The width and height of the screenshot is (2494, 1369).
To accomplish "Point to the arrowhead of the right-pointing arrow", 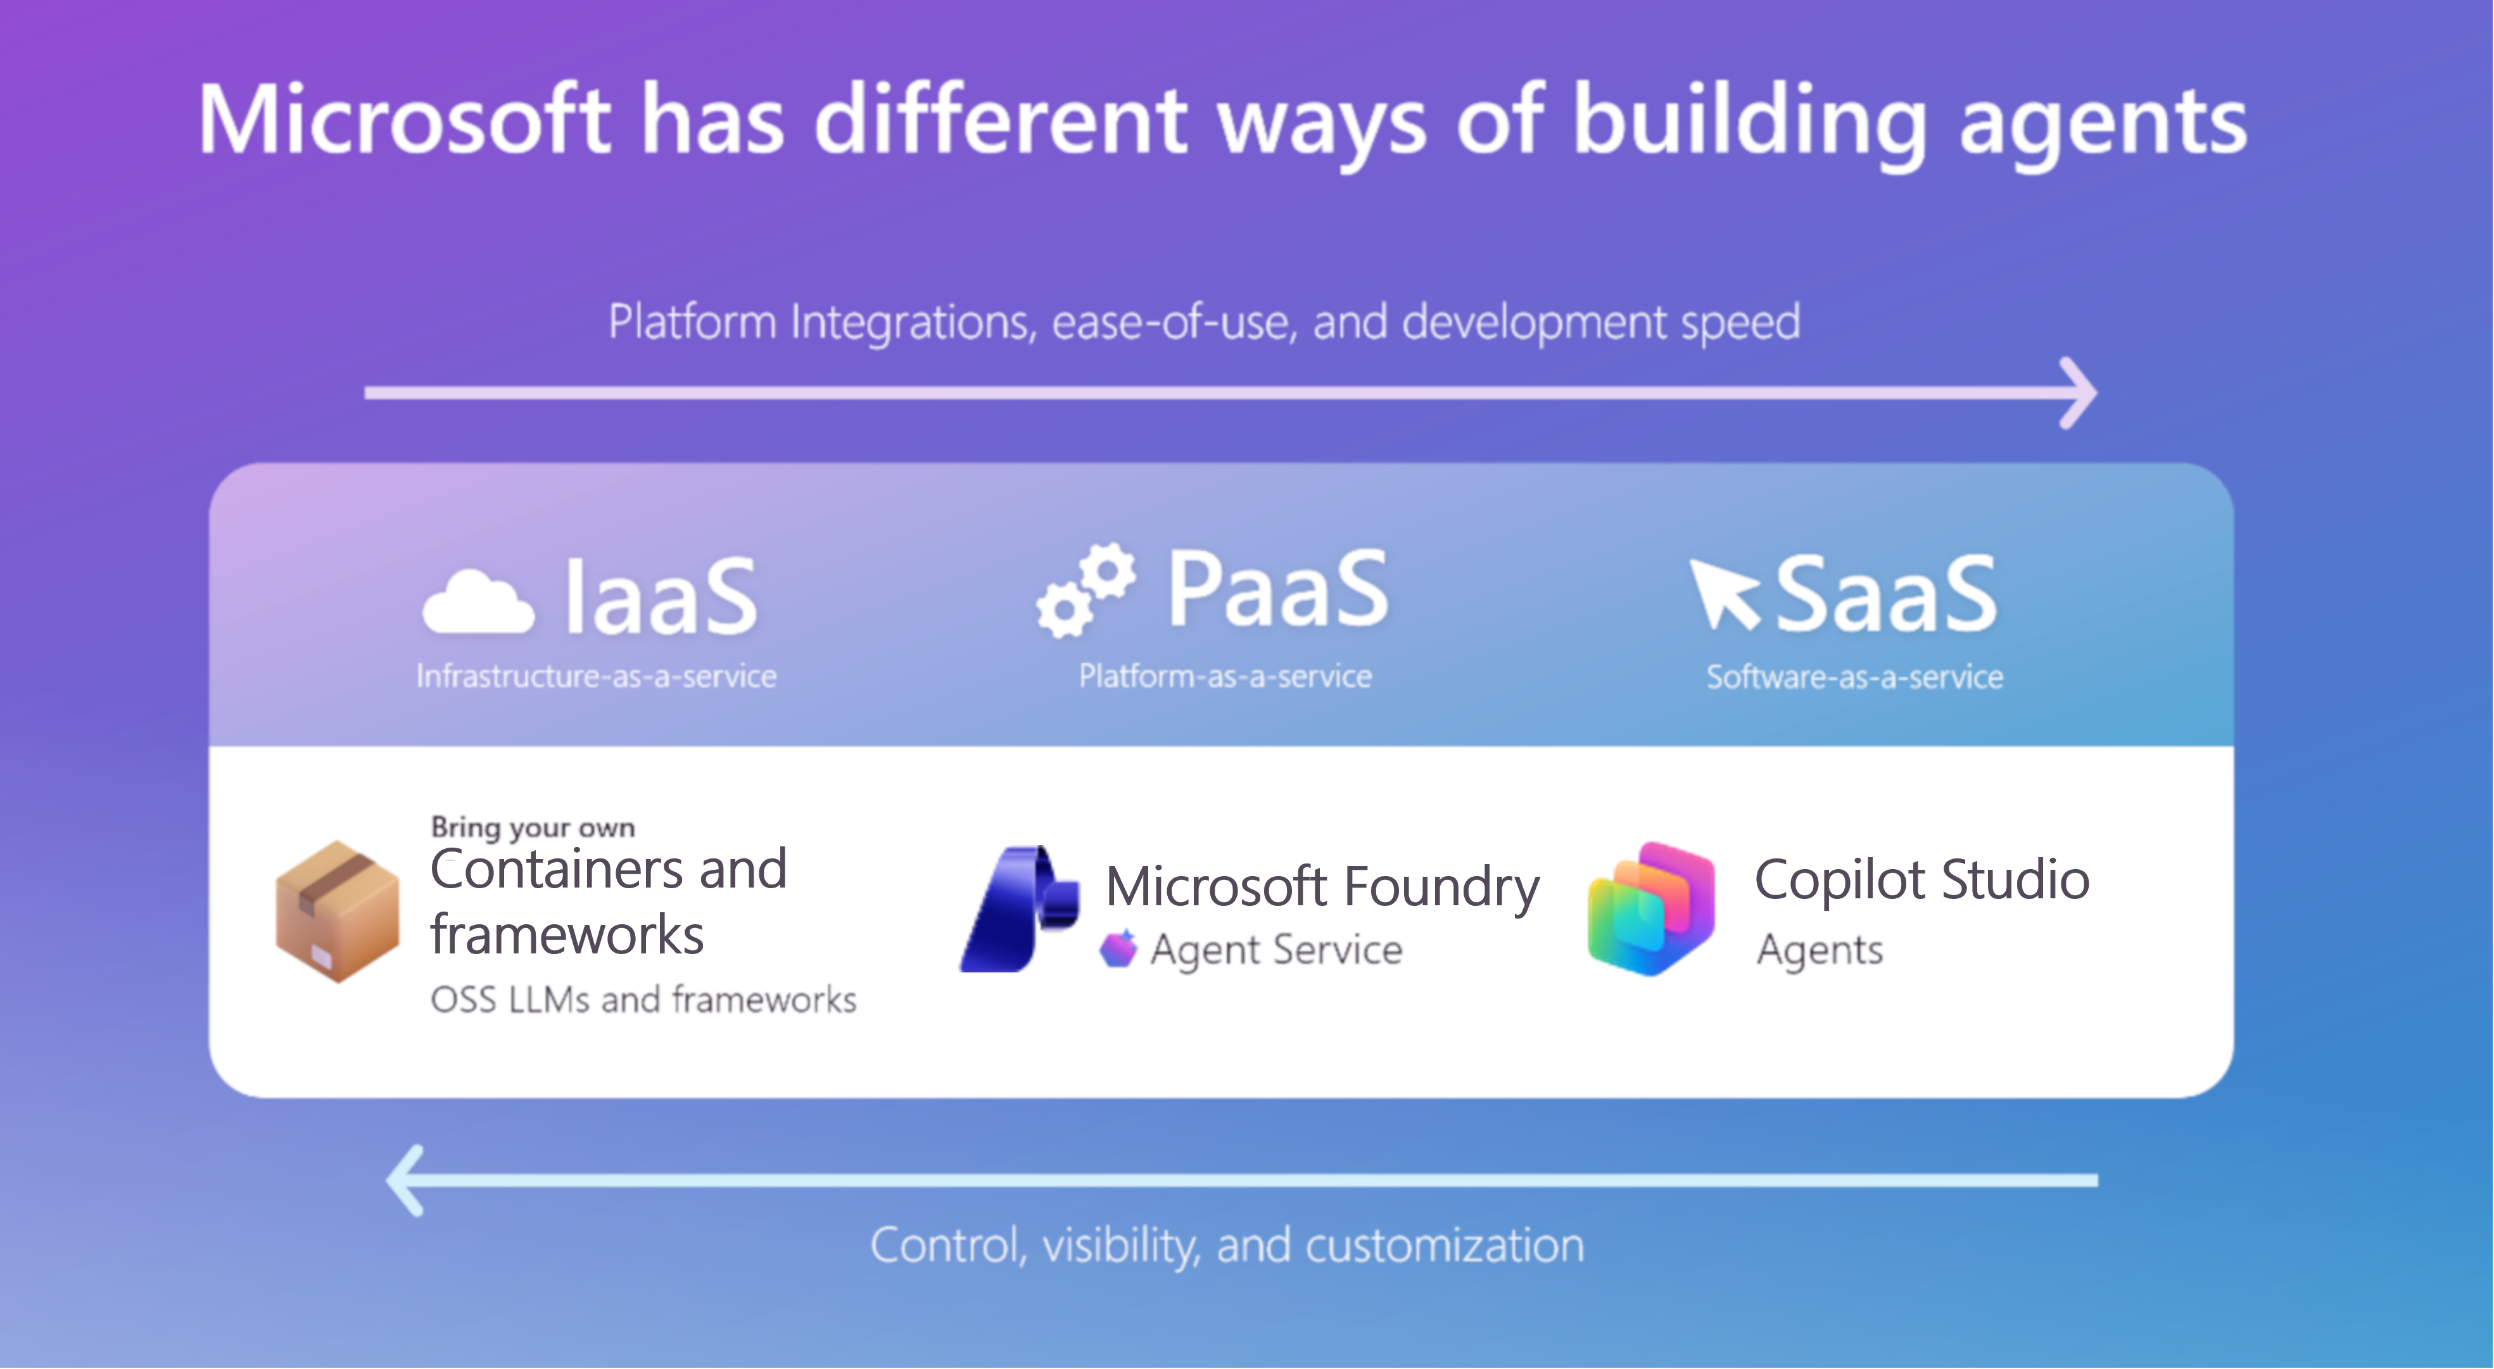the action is [x=2078, y=393].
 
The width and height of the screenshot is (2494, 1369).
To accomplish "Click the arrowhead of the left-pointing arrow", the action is [x=405, y=1180].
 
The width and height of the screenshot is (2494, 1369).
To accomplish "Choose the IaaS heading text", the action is [x=661, y=595].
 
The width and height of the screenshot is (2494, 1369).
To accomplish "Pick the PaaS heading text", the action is [x=1278, y=588].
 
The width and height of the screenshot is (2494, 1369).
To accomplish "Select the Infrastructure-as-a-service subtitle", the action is [x=597, y=676].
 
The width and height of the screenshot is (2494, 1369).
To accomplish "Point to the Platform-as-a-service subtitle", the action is [x=1225, y=676].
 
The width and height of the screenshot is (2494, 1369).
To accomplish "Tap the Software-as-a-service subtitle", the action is [x=1855, y=677].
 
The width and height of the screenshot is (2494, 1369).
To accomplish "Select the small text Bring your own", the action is [x=533, y=828].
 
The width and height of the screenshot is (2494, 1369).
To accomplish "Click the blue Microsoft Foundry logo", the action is [x=1020, y=909].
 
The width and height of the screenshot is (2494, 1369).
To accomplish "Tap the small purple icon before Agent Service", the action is [x=1118, y=949].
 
